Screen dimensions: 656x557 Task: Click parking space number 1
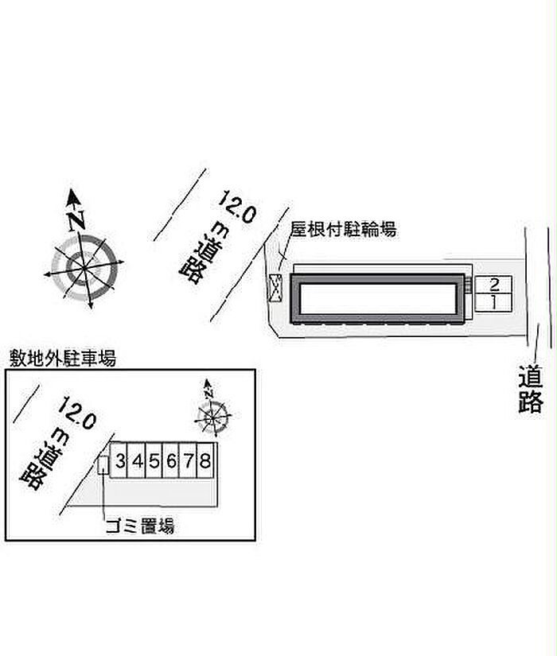493,302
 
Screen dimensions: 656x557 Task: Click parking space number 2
493,285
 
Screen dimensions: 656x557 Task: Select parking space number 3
120,460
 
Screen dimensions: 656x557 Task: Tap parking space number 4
138,460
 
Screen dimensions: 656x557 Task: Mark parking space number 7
189,460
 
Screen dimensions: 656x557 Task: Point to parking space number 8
205,460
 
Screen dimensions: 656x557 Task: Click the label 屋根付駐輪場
343,230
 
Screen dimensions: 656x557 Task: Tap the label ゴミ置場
140,526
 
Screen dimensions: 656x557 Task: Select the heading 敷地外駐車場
62,359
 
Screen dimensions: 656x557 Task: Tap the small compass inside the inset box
212,413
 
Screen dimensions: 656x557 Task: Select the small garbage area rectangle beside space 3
103,465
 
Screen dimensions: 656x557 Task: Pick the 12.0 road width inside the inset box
77,413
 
